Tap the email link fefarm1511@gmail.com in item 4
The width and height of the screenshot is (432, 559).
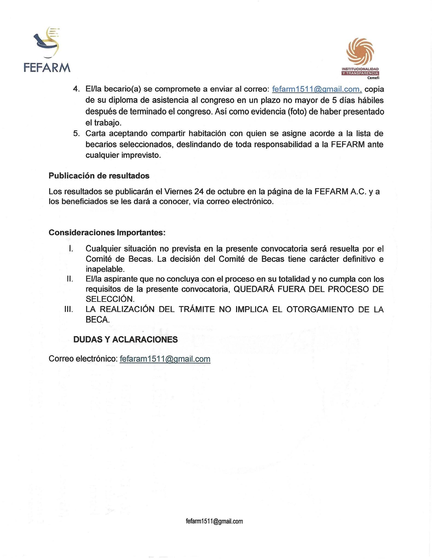click(317, 89)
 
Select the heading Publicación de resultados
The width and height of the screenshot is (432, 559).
click(99, 176)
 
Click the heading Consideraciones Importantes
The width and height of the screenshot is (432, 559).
click(107, 233)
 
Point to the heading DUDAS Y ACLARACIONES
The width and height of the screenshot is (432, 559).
click(125, 340)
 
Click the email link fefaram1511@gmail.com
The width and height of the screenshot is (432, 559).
click(165, 359)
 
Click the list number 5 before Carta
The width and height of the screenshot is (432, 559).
click(76, 133)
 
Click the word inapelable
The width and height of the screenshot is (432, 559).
click(105, 269)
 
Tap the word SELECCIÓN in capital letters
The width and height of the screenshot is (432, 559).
click(110, 299)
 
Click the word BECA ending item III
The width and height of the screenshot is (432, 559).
click(97, 320)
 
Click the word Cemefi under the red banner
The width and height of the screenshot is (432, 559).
click(373, 78)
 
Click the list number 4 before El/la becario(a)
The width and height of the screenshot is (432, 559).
click(76, 89)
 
